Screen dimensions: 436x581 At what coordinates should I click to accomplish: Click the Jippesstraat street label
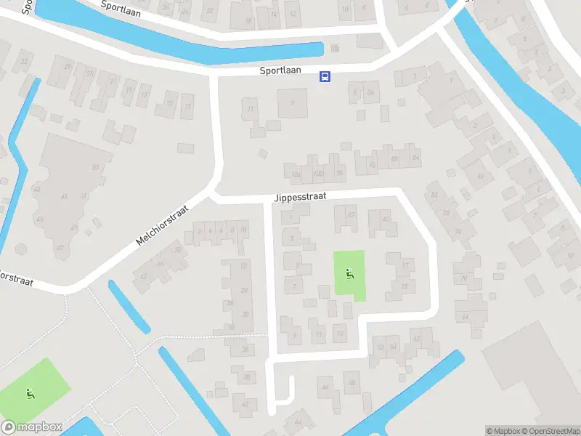tap(301, 196)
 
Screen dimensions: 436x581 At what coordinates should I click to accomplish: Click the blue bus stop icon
tap(325, 76)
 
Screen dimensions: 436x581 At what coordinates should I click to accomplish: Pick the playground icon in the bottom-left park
tap(29, 395)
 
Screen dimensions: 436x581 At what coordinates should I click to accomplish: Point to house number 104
tap(296, 175)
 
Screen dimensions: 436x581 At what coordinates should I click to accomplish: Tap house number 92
tap(373, 163)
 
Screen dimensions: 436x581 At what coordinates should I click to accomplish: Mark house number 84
tap(415, 157)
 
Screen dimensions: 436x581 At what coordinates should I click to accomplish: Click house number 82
tap(434, 194)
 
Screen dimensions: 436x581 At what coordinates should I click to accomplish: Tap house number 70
tap(463, 278)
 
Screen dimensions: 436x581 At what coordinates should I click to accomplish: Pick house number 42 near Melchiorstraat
tap(143, 276)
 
